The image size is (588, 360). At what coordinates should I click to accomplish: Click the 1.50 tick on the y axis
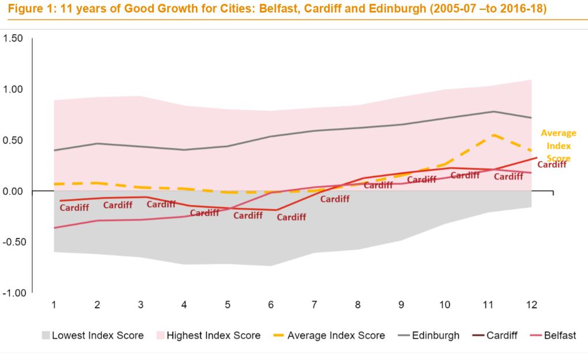click(x=13, y=38)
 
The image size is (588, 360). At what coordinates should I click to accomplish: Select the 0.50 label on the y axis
click(x=13, y=140)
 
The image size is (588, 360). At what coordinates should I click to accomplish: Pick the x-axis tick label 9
click(x=402, y=304)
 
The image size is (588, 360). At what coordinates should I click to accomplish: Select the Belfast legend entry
click(x=560, y=335)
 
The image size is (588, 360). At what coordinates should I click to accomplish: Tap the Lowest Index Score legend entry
click(x=98, y=335)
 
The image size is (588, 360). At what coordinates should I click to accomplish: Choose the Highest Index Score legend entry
click(x=213, y=335)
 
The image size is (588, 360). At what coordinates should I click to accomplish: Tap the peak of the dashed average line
click(x=494, y=134)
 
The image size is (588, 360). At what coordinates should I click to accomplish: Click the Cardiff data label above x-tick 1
click(x=74, y=208)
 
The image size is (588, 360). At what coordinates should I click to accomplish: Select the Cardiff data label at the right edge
click(x=552, y=164)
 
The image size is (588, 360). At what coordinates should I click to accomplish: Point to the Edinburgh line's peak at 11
click(x=494, y=111)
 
